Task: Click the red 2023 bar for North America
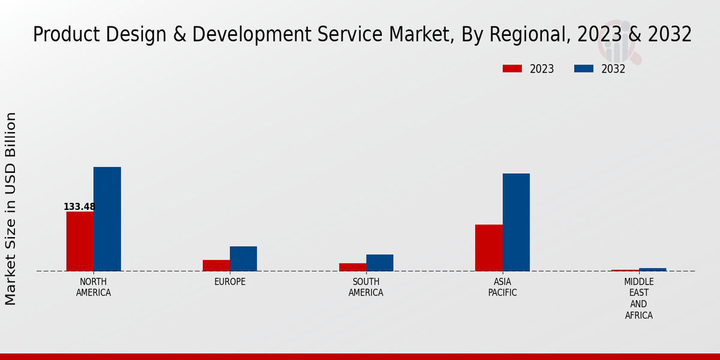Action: (80, 241)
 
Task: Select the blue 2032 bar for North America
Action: (107, 219)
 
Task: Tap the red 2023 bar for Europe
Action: (216, 265)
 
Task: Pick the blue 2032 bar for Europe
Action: (243, 259)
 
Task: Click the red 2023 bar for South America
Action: (352, 267)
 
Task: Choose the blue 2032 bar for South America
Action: (380, 263)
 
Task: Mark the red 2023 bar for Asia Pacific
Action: (489, 248)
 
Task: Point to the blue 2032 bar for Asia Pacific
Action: (516, 222)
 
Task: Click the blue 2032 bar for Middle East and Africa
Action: (653, 269)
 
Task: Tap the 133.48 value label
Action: (79, 207)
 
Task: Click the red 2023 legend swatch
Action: (512, 69)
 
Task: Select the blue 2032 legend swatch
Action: (584, 69)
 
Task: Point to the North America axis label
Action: (94, 287)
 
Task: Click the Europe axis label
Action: (230, 282)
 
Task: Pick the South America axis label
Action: (366, 287)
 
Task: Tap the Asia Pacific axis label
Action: (502, 287)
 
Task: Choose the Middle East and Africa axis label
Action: (639, 298)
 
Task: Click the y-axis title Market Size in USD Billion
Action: (11, 209)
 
